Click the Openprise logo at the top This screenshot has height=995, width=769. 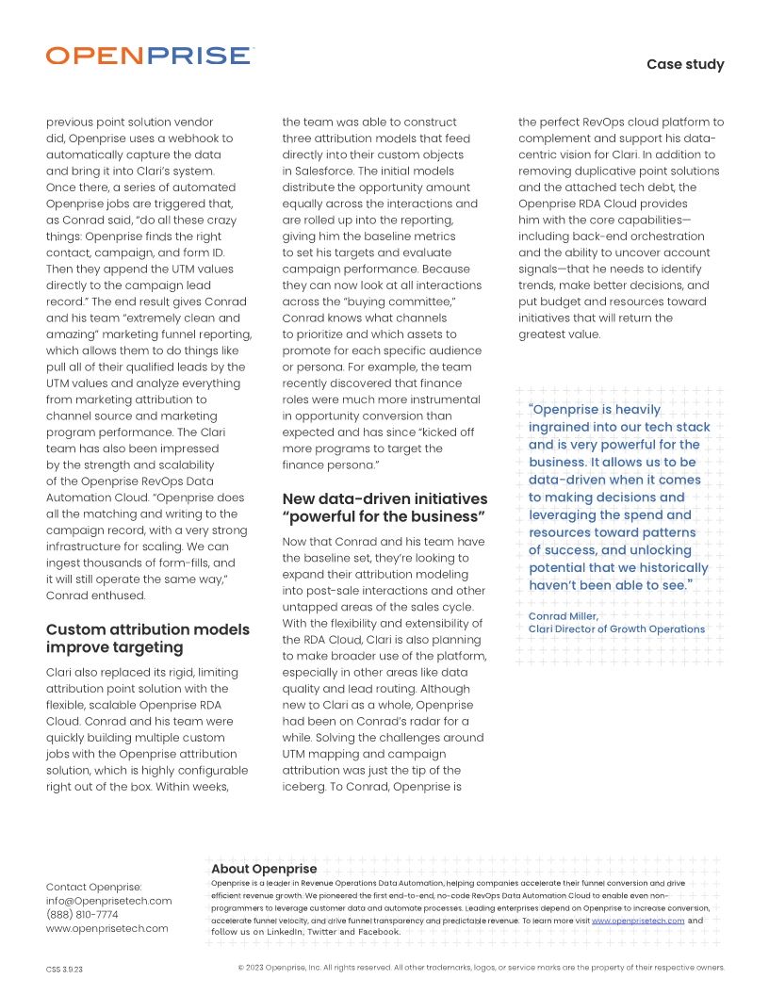(x=149, y=56)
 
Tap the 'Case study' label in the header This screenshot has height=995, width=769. (x=685, y=64)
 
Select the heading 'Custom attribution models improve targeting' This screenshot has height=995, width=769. (x=148, y=638)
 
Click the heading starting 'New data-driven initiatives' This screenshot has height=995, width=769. (x=384, y=507)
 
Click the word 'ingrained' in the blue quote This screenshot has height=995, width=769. (x=564, y=427)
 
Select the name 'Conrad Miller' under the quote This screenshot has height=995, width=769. (x=563, y=616)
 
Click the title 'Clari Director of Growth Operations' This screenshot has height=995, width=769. (x=616, y=628)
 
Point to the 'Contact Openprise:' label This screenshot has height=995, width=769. (x=94, y=887)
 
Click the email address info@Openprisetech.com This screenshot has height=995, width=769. (x=109, y=901)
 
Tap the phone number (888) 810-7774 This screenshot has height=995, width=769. (x=82, y=914)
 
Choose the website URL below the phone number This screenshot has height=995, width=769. (x=107, y=928)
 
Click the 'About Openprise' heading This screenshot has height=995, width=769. (x=264, y=868)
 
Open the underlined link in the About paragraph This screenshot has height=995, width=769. (x=637, y=920)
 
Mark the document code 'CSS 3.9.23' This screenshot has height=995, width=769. (x=65, y=969)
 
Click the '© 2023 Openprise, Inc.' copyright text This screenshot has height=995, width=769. (x=283, y=968)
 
